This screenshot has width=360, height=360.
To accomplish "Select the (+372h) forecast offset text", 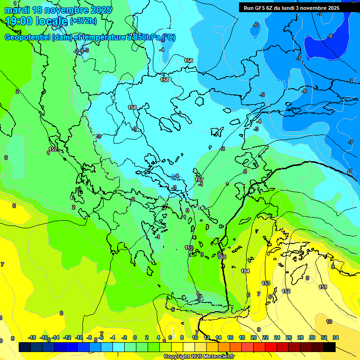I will click(x=83, y=21).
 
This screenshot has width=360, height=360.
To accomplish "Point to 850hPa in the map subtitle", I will click(x=144, y=37).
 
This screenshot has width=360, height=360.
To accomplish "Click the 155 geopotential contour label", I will click(x=222, y=257).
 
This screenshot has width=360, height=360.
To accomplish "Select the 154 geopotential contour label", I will click(x=245, y=271).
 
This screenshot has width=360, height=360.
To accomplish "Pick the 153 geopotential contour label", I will click(x=266, y=283).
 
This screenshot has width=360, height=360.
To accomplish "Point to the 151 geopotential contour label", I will click(x=323, y=287).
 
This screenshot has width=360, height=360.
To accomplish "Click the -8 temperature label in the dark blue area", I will click(x=330, y=36).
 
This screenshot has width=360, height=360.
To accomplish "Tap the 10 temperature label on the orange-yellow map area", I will click(x=329, y=322).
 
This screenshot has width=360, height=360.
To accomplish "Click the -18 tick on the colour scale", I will click(x=32, y=337).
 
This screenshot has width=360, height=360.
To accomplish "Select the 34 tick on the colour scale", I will click(x=336, y=337).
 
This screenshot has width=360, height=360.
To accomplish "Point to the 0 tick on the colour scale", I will click(x=135, y=337).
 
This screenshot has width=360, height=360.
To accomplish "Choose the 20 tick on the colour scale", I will click(x=254, y=337).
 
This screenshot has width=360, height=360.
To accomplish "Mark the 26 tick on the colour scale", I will click(x=288, y=337).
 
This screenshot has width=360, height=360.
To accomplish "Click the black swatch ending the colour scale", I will click(x=330, y=347).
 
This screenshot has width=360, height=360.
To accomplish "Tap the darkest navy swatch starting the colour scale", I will click(x=25, y=347).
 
